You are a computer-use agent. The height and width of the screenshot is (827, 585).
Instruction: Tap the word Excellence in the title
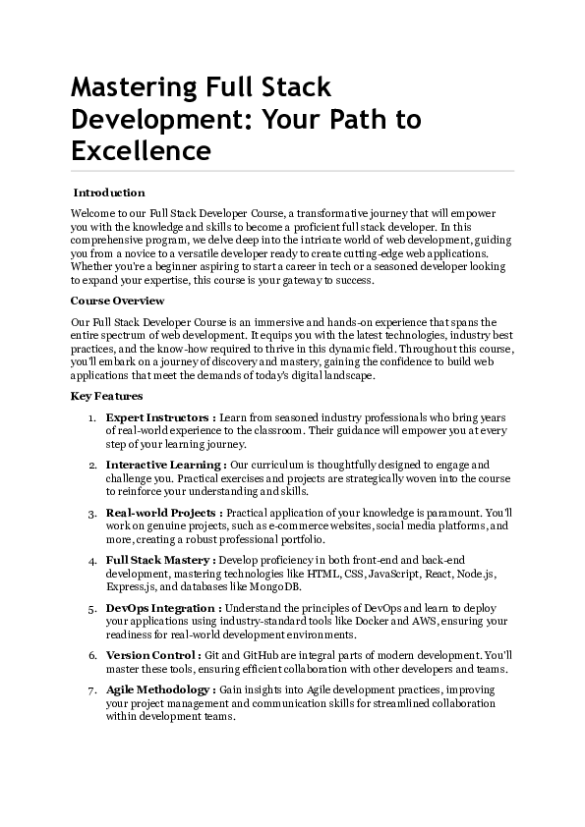(x=141, y=151)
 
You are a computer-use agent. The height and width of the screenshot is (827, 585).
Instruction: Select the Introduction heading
(x=109, y=193)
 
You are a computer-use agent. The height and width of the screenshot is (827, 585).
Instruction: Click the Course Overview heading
(x=118, y=301)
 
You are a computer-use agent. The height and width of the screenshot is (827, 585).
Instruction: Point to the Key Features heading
(x=107, y=396)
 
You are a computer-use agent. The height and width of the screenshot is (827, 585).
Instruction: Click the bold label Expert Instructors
(x=160, y=417)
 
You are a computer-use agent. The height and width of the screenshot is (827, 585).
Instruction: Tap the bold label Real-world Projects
(x=163, y=513)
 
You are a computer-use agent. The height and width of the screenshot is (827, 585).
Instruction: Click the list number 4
(x=92, y=561)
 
